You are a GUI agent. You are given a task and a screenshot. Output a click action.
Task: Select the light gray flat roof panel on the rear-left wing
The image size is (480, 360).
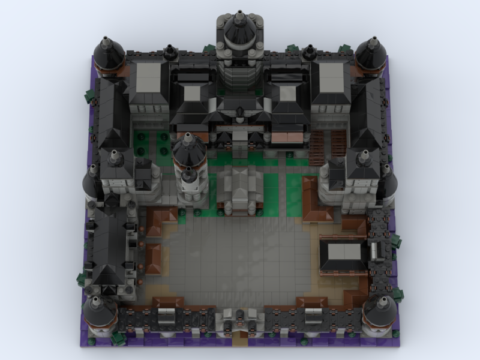[x=149, y=77]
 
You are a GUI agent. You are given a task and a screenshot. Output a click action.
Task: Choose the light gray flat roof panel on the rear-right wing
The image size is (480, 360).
[x=331, y=77]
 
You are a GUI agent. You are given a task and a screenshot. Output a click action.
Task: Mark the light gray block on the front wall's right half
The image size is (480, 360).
[x=313, y=313]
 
